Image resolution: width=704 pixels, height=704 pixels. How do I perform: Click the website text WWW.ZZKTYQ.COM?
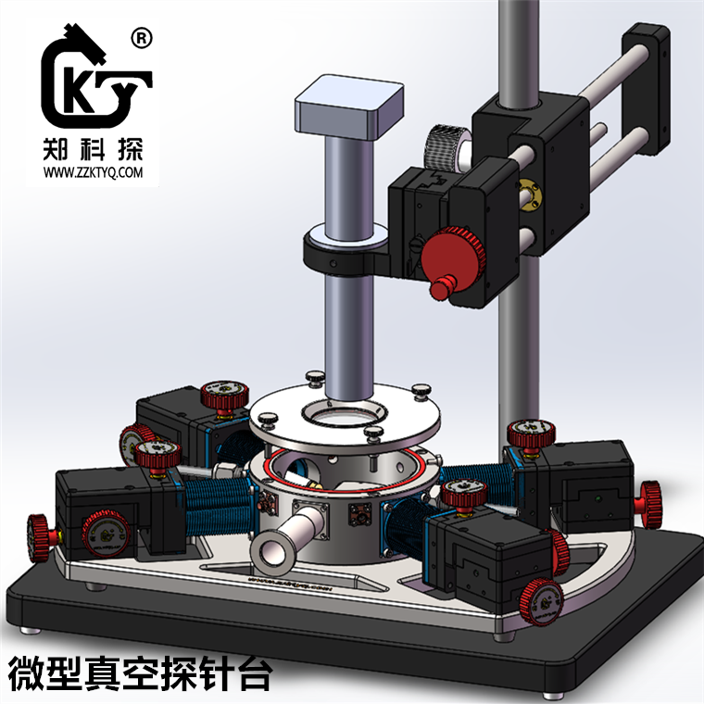(94, 172)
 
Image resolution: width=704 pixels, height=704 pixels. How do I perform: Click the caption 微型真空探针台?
(140, 674)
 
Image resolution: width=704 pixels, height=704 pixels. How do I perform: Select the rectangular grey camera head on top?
(349, 107)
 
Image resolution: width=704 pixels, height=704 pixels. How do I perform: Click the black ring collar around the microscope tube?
(345, 250)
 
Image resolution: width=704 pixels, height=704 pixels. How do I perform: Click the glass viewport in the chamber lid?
(344, 412)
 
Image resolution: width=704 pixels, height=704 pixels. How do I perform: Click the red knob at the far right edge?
(650, 501)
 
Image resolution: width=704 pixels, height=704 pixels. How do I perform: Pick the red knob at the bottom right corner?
(540, 597)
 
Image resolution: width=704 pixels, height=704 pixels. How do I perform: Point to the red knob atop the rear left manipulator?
(226, 396)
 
